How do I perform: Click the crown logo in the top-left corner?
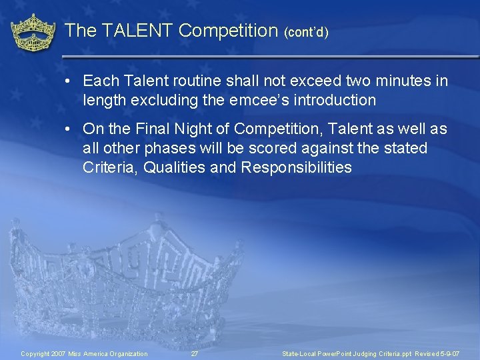click(33, 32)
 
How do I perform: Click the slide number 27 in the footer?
click(194, 353)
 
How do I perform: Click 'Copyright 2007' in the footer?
click(43, 353)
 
